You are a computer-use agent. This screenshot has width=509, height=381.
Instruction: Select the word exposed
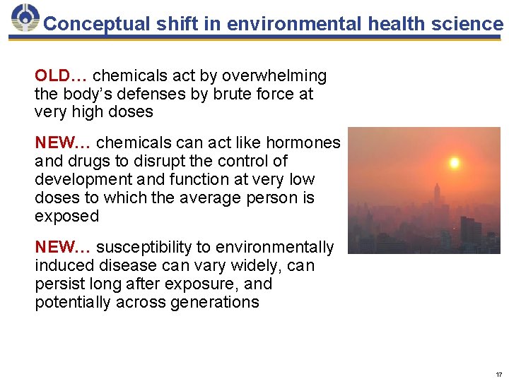pyautogui.click(x=67, y=216)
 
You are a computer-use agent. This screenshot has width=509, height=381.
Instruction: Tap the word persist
pyautogui.click(x=59, y=284)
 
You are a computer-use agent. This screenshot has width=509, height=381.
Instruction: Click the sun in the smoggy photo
pyautogui.click(x=455, y=163)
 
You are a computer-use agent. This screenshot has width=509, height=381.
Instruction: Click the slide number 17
pyautogui.click(x=498, y=374)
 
